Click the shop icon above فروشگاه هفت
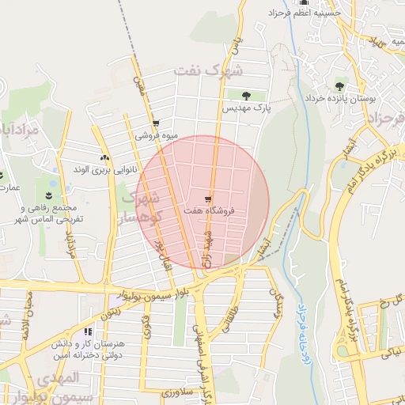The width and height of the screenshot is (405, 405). [208, 199]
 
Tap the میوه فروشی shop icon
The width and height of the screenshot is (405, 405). [155, 123]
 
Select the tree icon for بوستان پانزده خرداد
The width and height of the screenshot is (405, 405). [339, 85]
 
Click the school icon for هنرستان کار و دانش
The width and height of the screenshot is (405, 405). [87, 331]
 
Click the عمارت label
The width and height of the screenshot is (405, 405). [9, 187]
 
